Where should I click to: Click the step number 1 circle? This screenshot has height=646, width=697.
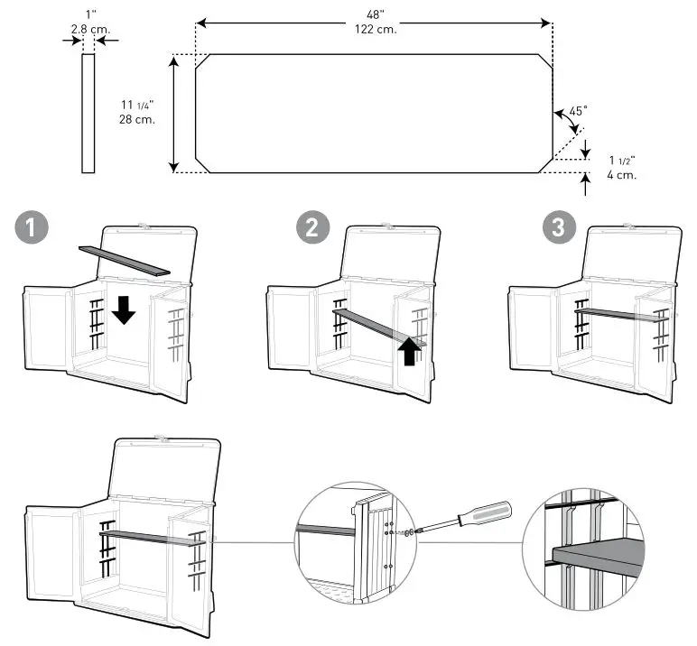[x=33, y=227]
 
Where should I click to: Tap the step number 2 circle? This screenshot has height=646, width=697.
[x=311, y=227]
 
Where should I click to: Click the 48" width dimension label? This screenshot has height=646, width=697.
[x=375, y=15]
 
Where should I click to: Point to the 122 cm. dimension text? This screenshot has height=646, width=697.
[x=375, y=29]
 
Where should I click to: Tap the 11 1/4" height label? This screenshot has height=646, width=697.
[x=138, y=105]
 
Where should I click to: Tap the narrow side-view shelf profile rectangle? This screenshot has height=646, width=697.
[x=88, y=113]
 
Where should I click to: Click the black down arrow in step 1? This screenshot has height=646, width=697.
[x=124, y=310]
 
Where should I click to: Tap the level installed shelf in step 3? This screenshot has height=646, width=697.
[x=621, y=313]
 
